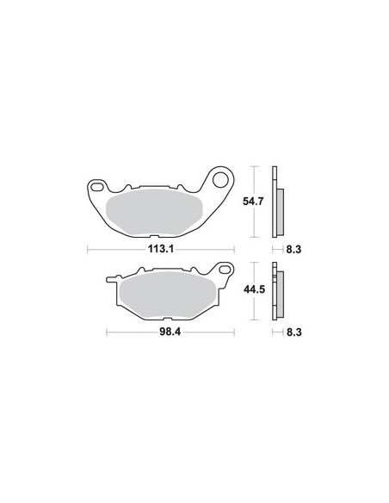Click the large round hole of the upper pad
tap(219, 181)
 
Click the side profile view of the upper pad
tap(276, 201)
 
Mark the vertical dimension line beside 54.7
tap(257, 201)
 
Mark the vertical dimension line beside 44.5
tap(257, 289)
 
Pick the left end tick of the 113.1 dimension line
tap(90, 251)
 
